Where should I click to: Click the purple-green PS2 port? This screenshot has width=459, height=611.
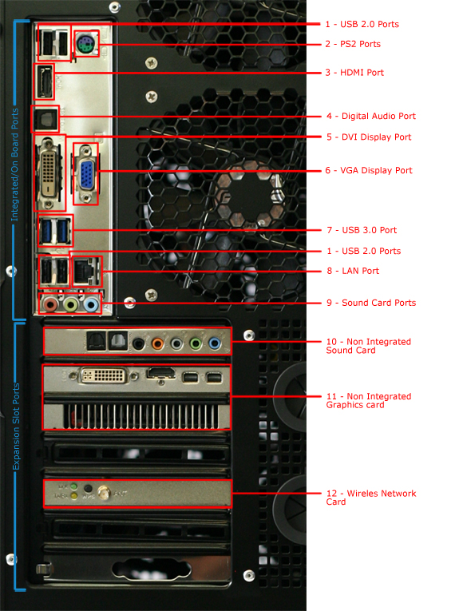click(85, 44)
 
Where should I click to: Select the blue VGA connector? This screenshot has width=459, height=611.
click(85, 175)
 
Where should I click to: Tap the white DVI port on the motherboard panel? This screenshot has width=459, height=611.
click(48, 173)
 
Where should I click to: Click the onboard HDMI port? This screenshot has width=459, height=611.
click(45, 81)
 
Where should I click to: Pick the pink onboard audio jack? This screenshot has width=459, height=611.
click(49, 304)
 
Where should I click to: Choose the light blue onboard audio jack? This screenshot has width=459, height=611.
click(91, 304)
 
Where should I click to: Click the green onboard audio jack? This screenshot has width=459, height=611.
click(70, 304)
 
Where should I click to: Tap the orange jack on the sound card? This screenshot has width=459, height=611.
click(158, 343)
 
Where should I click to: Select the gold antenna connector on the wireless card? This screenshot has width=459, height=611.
click(103, 494)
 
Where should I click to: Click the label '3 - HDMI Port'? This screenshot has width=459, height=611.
click(354, 73)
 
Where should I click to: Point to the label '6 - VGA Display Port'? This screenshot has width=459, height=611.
click(369, 170)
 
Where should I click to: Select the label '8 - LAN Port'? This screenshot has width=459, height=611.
click(353, 271)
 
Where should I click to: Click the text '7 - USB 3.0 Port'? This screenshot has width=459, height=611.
click(362, 230)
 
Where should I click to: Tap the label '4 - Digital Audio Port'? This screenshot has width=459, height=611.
click(371, 116)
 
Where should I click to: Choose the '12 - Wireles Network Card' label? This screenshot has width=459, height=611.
click(371, 498)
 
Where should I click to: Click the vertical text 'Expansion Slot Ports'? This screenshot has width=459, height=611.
click(16, 427)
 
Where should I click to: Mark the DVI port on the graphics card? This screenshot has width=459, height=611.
click(104, 375)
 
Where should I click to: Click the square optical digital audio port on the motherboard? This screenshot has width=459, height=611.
click(46, 118)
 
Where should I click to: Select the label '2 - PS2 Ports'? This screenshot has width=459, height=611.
click(353, 44)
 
